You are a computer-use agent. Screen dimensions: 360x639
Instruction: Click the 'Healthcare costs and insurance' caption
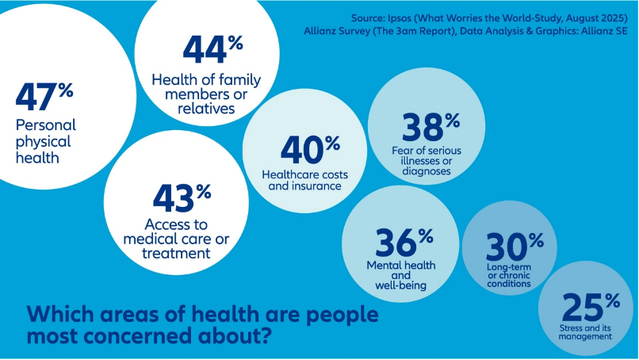pos(304,181)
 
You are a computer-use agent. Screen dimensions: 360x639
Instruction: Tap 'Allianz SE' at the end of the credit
pos(606,32)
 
